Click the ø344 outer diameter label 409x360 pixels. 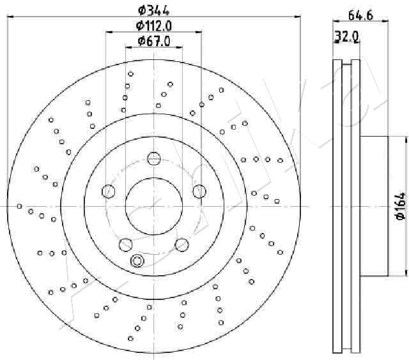pos(153,11)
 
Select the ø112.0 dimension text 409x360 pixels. pos(154,26)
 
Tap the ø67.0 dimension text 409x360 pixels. pos(154,41)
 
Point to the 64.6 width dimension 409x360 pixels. pos(360,15)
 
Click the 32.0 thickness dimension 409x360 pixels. pos(346,36)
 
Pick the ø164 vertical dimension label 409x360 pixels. pos(401,206)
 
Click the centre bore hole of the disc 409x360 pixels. pos(154,206)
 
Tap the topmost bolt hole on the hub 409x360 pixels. pos(153,158)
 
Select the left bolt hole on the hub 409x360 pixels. pos(108,191)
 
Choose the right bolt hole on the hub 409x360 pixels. pos(199,191)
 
